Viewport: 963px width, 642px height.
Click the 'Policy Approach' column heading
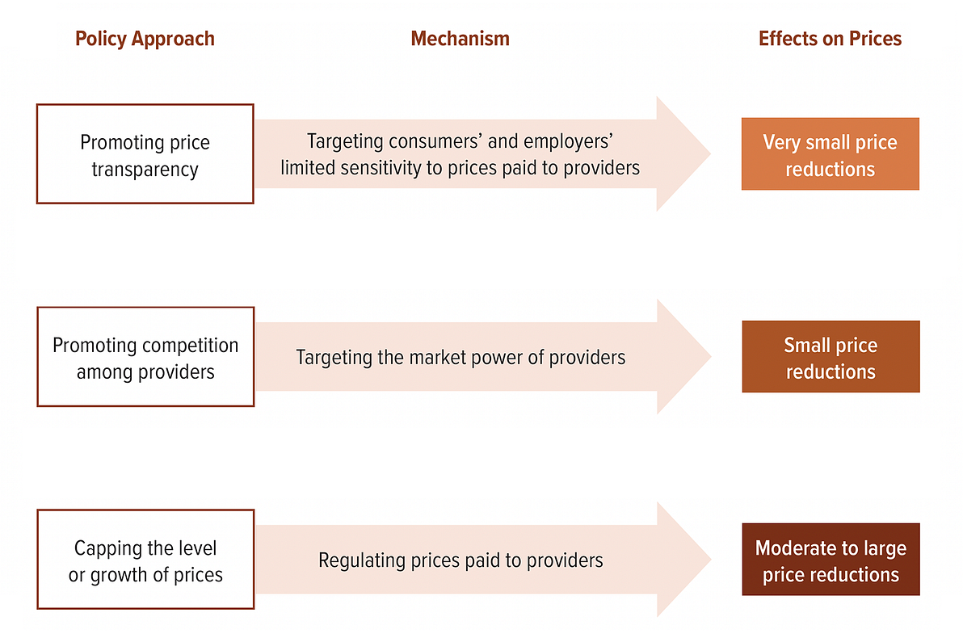pyautogui.click(x=145, y=39)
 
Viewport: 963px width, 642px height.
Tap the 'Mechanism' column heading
pyautogui.click(x=460, y=39)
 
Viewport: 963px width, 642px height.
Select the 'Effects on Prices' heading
pyautogui.click(x=830, y=39)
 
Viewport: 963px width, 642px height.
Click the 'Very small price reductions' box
pyautogui.click(x=831, y=154)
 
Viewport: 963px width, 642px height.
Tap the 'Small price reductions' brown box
pyautogui.click(x=831, y=357)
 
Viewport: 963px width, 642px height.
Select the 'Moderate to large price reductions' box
pyautogui.click(x=831, y=559)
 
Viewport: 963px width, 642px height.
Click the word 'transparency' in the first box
pyautogui.click(x=145, y=169)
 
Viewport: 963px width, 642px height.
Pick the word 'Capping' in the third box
pyautogui.click(x=103, y=548)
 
